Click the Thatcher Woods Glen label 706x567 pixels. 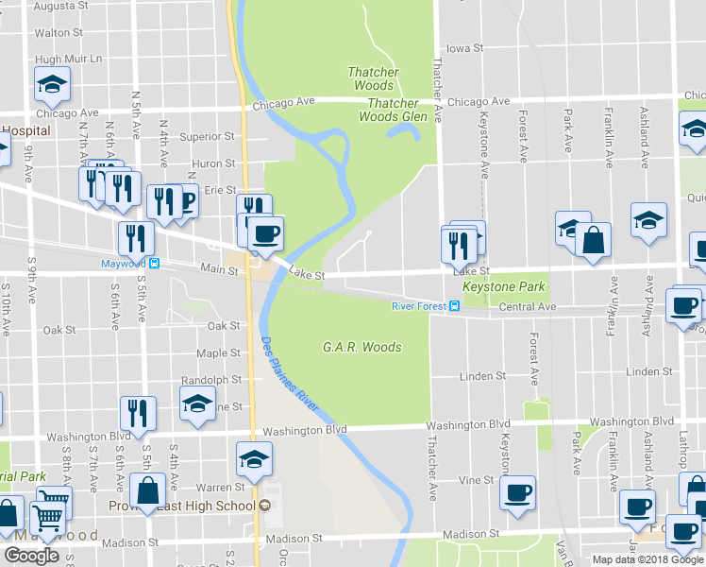click(x=393, y=110)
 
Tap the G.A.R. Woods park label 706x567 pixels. click(x=361, y=347)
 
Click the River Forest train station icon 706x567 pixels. click(x=454, y=305)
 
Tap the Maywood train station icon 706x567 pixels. click(x=155, y=264)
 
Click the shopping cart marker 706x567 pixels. click(x=47, y=513)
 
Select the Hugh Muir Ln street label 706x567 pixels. click(x=68, y=59)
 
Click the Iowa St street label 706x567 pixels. click(x=464, y=47)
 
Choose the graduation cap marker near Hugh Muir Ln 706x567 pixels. click(x=53, y=85)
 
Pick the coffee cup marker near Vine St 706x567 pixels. click(x=518, y=493)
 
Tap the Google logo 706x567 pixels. click(x=31, y=556)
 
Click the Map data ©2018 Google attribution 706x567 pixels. click(x=647, y=559)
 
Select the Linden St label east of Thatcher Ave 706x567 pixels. click(x=482, y=376)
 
